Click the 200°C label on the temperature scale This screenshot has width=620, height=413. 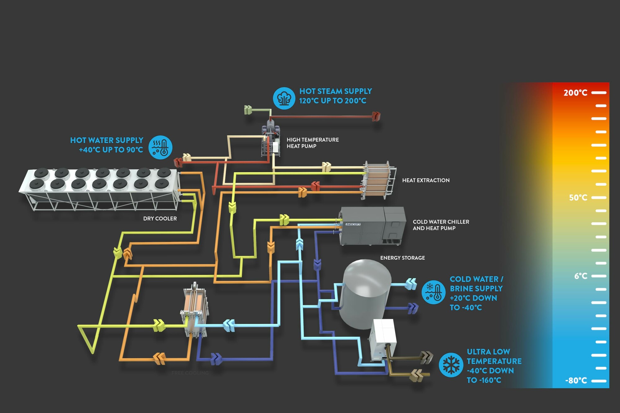(x=575, y=93)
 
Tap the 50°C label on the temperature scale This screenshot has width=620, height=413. (x=578, y=197)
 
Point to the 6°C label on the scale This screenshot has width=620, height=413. (x=581, y=276)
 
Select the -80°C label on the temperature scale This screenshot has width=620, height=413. (x=576, y=380)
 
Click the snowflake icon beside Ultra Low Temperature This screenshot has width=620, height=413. (x=451, y=365)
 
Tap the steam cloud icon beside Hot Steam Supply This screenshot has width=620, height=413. (x=284, y=98)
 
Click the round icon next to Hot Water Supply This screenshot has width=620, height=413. (x=160, y=147)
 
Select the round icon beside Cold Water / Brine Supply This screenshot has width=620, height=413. (x=433, y=292)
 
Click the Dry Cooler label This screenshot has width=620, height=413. (x=160, y=218)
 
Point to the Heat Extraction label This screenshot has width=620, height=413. (x=426, y=180)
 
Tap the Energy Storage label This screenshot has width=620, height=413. (x=402, y=258)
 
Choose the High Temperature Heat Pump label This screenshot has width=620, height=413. (x=312, y=143)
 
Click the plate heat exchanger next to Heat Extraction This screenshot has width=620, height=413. (x=378, y=180)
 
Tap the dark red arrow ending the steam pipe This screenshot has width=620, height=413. (x=376, y=116)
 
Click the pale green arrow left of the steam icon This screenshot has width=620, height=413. (x=248, y=110)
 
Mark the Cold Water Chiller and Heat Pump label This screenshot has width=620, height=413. (x=441, y=225)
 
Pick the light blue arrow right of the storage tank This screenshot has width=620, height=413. (x=411, y=283)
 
